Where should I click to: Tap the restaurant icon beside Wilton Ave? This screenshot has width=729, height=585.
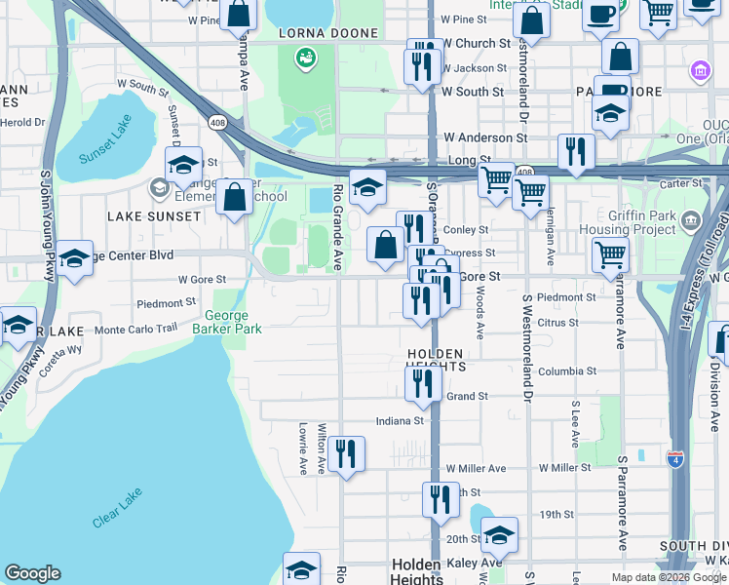(346, 454)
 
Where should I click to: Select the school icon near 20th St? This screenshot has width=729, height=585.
(499, 535)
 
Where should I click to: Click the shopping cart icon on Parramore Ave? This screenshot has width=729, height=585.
(610, 255)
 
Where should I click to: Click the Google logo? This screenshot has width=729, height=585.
(32, 573)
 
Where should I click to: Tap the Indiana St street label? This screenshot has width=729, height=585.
(402, 421)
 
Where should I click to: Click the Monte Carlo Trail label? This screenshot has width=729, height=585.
(135, 329)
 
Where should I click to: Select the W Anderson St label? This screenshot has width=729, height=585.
(485, 138)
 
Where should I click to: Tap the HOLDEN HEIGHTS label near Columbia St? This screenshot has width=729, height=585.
(437, 359)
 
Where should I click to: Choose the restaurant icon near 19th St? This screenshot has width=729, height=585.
(441, 499)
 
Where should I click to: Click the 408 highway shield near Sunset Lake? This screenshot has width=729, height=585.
(218, 121)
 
